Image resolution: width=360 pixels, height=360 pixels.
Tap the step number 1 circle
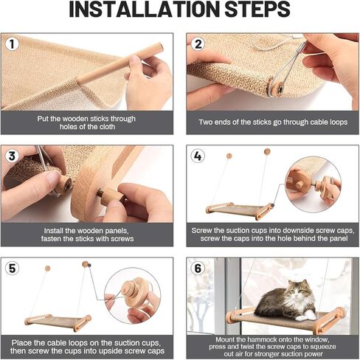pos(13,44)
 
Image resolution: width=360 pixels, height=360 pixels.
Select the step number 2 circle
pos(197,44)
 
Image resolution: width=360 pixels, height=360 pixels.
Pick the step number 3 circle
pos(13,156)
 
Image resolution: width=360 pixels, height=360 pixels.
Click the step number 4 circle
pos(197,156)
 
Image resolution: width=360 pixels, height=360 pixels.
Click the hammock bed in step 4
pos(236,209)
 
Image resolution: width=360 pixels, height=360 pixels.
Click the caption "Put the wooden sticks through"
pos(87,117)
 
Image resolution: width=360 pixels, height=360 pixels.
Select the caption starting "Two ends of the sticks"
pos(271,122)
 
